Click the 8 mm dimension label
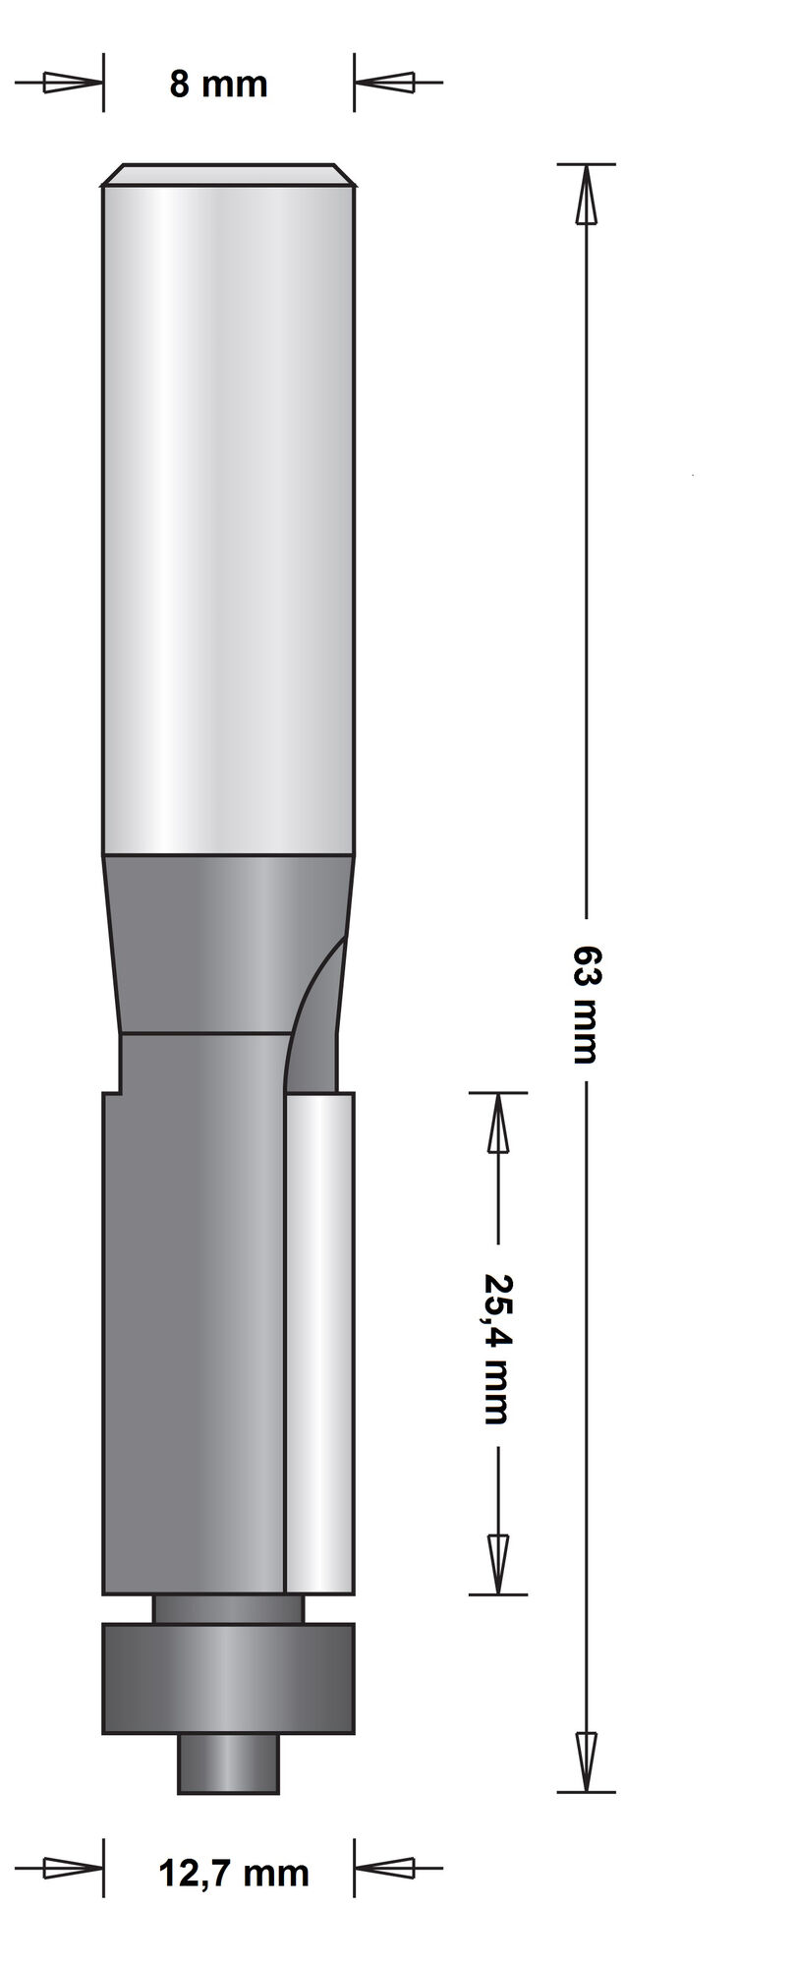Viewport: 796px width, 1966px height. [x=218, y=85]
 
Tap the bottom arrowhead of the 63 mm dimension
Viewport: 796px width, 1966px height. [x=586, y=1760]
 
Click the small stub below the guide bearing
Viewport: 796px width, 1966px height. [x=228, y=1764]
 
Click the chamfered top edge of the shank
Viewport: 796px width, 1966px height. [x=228, y=174]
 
